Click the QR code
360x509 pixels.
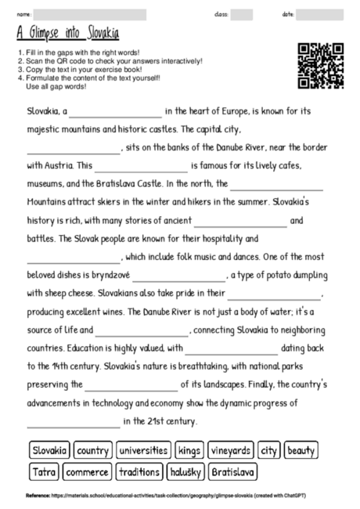pos(321,67)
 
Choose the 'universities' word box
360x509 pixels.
pos(144,450)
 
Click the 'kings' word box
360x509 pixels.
pos(189,450)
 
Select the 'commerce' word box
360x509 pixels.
pos(87,472)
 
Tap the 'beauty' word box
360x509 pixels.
pos(301,450)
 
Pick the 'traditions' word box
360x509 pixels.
pos(139,472)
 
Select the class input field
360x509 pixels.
pos(242,14)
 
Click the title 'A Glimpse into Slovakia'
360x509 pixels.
pos(67,33)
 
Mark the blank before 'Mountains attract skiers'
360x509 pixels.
pos(276,186)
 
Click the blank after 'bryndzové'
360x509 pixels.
pos(178,277)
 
